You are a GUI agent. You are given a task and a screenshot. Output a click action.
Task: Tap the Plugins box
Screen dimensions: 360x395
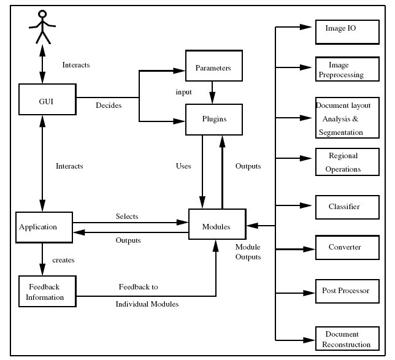213,119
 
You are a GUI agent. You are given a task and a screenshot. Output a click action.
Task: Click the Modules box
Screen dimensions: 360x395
216,226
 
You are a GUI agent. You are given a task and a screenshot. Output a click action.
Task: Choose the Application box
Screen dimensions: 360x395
43,226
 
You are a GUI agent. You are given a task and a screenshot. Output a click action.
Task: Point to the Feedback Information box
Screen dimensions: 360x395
45,292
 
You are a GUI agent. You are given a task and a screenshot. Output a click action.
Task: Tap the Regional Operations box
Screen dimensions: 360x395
345,162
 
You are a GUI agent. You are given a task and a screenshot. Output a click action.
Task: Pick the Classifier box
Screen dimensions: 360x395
345,207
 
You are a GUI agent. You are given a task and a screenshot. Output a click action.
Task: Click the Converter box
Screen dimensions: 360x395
345,247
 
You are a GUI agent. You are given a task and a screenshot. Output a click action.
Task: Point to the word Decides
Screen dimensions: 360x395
108,105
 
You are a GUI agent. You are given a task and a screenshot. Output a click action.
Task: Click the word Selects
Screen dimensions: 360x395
127,216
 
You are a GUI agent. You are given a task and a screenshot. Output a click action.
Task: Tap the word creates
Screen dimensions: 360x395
63,261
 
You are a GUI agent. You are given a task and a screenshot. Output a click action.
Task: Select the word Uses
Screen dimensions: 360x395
183,166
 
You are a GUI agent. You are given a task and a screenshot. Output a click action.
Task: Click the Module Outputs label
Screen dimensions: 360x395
248,252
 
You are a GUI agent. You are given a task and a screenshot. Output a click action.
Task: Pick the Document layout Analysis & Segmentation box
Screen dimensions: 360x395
345,118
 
